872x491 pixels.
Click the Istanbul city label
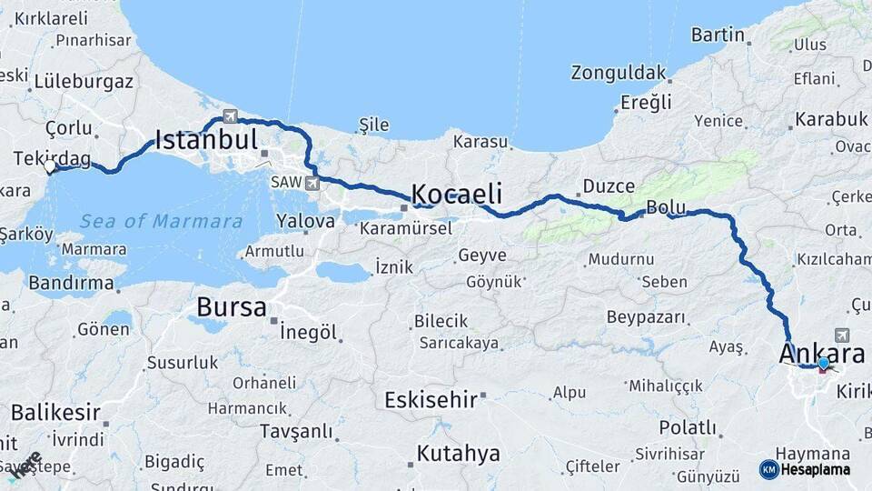pyautogui.click(x=206, y=140)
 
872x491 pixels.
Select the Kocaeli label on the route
pyautogui.click(x=457, y=194)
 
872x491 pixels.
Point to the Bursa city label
pyautogui.click(x=232, y=306)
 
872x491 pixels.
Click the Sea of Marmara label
pyautogui.click(x=161, y=221)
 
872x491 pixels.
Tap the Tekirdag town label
pyautogui.click(x=52, y=158)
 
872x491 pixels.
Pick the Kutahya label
pyautogui.click(x=459, y=453)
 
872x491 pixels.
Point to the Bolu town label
pyautogui.click(x=666, y=207)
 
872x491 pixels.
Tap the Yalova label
pyautogui.click(x=306, y=221)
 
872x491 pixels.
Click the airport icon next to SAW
pyautogui.click(x=313, y=183)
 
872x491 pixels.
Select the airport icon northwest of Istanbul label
pyautogui.click(x=230, y=116)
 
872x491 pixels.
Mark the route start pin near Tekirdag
pyautogui.click(x=51, y=166)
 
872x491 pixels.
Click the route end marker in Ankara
pyautogui.click(x=823, y=365)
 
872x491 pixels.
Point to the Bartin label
pyautogui.click(x=718, y=35)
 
